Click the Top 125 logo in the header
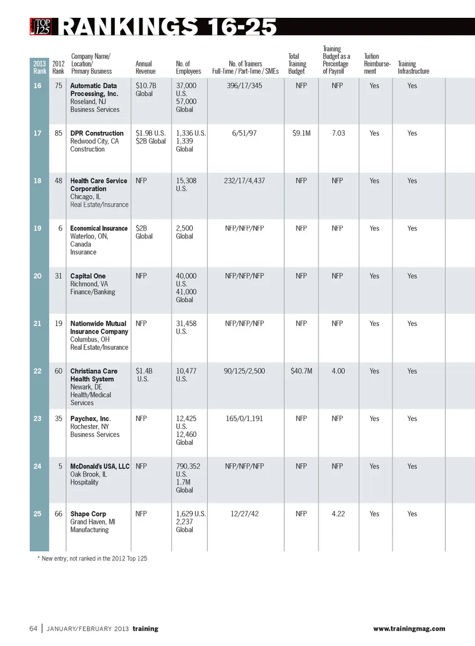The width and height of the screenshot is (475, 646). (41, 26)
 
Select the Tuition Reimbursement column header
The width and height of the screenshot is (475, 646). (377, 64)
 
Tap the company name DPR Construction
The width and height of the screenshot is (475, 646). (97, 133)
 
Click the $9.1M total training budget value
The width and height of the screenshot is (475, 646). (301, 133)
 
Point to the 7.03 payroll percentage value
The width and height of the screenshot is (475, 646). (338, 133)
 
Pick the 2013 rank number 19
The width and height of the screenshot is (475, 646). (38, 228)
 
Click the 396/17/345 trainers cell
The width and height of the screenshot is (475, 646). (244, 86)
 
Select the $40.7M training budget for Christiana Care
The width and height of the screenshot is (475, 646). (301, 371)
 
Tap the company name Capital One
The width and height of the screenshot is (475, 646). (88, 276)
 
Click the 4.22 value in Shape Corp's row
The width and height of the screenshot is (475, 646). (338, 514)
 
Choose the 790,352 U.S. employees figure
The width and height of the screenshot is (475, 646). (188, 470)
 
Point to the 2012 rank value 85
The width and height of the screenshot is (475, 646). (58, 133)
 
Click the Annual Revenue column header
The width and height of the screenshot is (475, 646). (145, 67)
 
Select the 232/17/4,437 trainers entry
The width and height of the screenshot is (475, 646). (244, 181)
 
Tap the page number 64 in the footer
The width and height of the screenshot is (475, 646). (33, 629)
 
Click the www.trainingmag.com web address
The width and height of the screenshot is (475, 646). (409, 629)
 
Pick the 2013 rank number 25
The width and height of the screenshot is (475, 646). (38, 514)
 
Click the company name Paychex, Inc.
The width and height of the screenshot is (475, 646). (91, 418)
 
